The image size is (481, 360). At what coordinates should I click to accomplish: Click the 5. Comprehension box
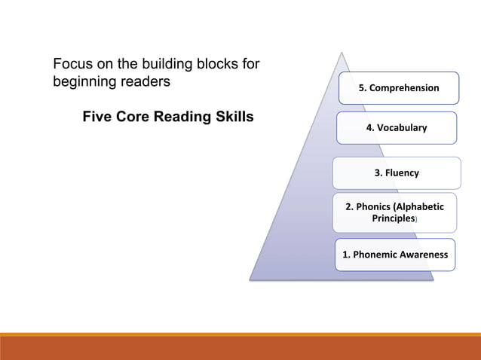point(398,88)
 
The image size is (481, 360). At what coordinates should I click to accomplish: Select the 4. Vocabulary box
point(396,127)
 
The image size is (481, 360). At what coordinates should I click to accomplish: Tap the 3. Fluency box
point(397,172)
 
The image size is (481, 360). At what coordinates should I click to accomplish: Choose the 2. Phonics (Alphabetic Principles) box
point(394,212)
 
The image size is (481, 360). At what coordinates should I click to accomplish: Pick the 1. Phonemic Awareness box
point(394,255)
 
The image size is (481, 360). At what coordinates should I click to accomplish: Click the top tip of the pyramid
point(342,53)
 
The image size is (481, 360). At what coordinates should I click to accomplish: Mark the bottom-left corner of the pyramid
point(250,279)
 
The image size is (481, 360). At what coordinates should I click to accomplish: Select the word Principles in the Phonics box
point(393,218)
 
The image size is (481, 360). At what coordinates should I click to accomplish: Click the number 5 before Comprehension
point(361,88)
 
